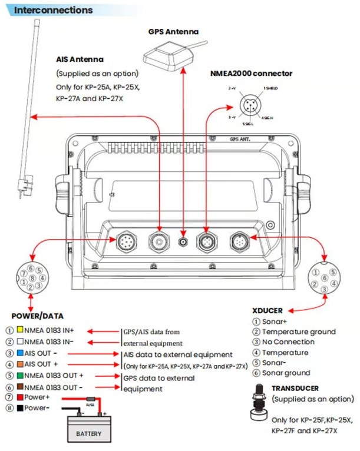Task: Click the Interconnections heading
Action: point(53,11)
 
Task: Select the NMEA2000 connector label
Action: point(251,74)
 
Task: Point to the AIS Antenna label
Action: point(80,59)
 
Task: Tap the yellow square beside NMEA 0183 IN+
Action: point(20,330)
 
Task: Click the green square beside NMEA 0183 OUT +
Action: point(20,376)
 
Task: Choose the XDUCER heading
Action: point(267,310)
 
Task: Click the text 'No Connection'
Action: point(288,342)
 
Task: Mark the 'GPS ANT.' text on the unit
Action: point(238,140)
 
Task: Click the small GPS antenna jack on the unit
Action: point(184,242)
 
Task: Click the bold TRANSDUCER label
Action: point(295,389)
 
